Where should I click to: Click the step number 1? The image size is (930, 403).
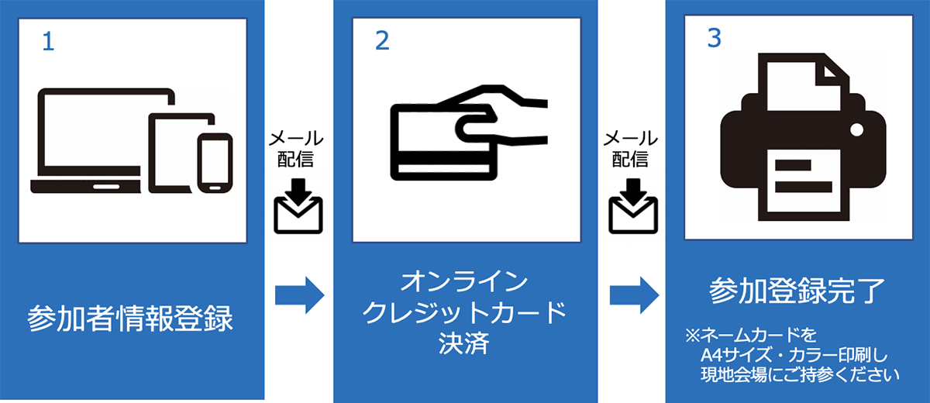[x=48, y=42]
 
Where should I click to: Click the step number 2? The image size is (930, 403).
[x=382, y=42]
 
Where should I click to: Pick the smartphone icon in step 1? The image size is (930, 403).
[x=215, y=162]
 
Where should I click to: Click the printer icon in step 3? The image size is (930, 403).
[x=802, y=147]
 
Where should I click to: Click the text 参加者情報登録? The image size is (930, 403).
[x=130, y=319]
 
